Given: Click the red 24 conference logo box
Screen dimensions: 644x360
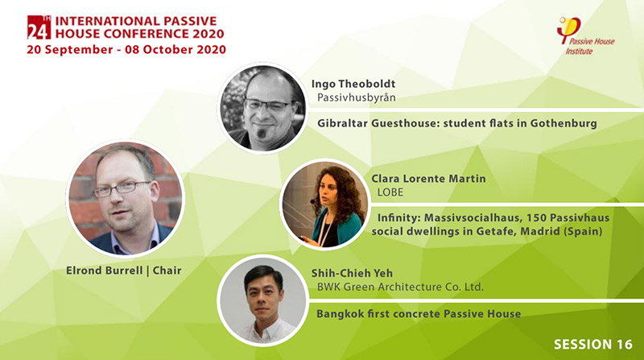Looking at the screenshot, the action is tap(39, 27).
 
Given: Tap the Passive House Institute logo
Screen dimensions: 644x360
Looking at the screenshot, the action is tap(585, 35).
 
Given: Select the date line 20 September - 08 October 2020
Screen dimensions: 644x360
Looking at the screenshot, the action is tap(126, 50).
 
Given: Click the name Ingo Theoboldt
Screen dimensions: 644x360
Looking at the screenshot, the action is tap(353, 84).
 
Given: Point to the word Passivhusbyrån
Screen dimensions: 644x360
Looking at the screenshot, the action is tap(357, 97).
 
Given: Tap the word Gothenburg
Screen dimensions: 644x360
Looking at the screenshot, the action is tap(563, 123).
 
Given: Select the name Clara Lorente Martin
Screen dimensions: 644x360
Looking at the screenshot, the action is tap(428, 179).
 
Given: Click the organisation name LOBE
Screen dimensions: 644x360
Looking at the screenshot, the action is tap(390, 192).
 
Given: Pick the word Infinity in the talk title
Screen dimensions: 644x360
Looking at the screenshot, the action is tap(398, 217).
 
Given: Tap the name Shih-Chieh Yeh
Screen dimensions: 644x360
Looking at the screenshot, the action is tap(352, 273).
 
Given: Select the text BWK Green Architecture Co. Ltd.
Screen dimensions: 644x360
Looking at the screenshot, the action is tap(400, 287).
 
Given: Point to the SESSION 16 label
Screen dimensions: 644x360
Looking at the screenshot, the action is tap(593, 345).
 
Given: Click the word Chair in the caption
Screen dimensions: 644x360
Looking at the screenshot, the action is tap(167, 271).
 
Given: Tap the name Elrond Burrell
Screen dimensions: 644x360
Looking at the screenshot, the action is tap(104, 271).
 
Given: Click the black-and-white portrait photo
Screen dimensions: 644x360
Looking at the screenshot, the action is tap(263, 108).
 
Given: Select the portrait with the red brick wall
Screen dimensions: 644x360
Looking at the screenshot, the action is tap(126, 199).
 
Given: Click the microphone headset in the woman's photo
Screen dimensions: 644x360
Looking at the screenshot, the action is tap(314, 201).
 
